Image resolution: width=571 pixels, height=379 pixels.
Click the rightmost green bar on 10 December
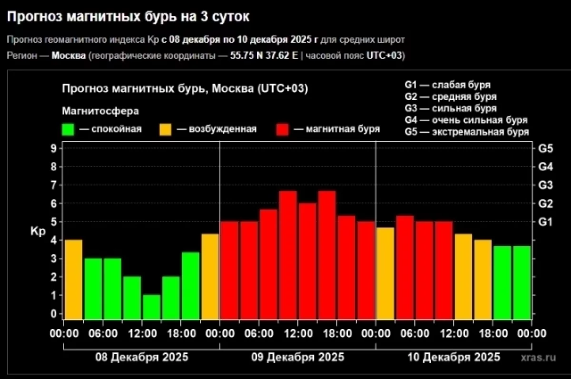522,282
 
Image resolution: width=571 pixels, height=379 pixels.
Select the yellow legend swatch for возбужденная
166,129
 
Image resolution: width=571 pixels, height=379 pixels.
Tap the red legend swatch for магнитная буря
283,129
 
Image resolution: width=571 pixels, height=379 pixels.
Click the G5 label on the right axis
546,148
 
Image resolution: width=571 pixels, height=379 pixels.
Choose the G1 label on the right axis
546,222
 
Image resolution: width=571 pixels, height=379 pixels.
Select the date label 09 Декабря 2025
297,357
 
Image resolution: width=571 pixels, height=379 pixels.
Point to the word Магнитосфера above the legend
100,111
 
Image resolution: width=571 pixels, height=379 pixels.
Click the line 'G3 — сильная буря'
451,108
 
